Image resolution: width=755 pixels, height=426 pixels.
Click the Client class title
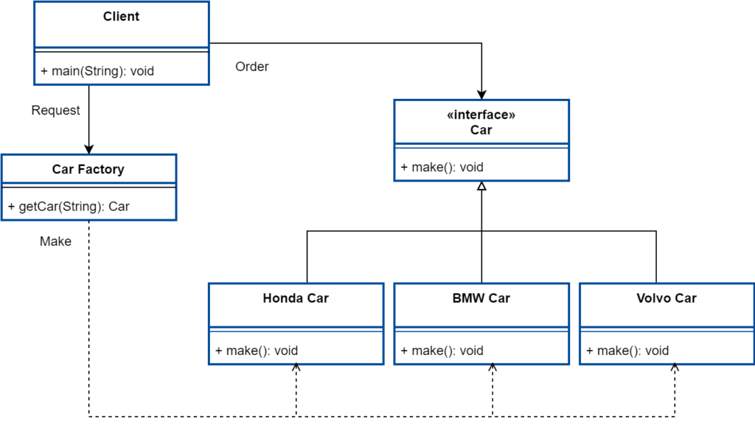point(121,16)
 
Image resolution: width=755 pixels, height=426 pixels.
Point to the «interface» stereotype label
point(481,115)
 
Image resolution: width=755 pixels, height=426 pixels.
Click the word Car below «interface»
point(481,130)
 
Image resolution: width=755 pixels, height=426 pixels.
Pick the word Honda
point(283,298)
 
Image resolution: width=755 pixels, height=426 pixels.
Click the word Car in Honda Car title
point(316,298)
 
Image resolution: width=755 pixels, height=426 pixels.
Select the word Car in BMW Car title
point(498,298)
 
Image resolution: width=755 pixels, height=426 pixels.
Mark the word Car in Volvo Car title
point(685,298)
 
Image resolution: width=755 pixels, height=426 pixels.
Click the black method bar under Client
point(94,72)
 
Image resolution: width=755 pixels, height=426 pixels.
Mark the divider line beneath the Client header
point(122,52)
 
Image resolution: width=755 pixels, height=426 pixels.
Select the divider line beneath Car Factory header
point(88,186)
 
